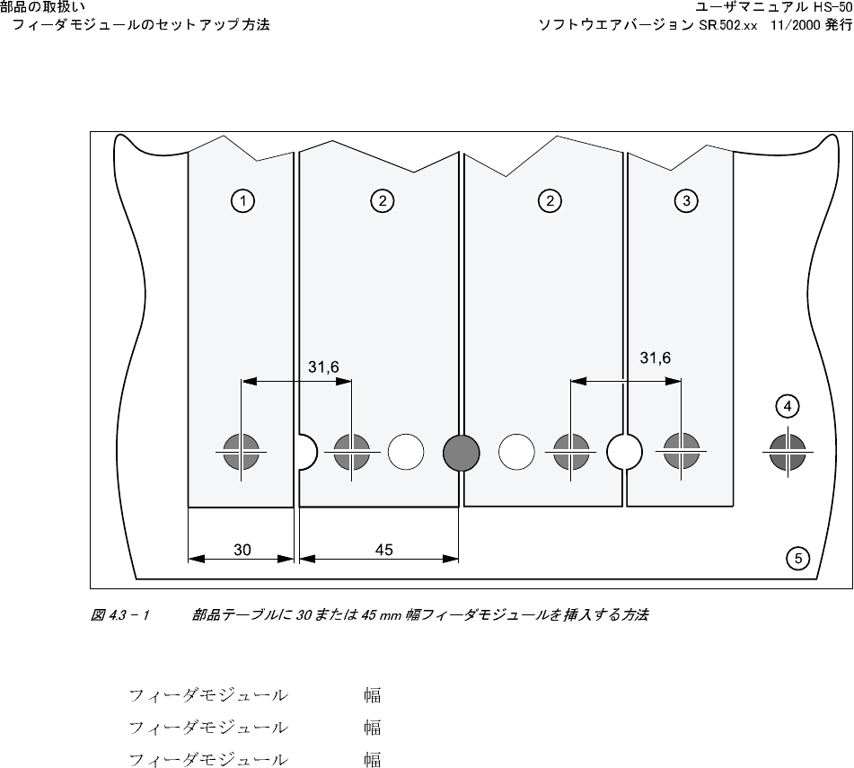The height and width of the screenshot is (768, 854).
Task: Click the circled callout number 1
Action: point(242,201)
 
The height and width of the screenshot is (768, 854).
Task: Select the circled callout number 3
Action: point(687,201)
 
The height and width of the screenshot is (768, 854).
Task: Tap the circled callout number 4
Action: point(788,407)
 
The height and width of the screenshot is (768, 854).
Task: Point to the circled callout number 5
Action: point(797,558)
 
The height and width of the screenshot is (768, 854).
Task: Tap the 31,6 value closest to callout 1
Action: point(323,366)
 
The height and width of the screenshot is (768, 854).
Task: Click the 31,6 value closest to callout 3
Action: point(655,358)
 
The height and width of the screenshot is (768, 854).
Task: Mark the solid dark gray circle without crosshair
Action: point(461,452)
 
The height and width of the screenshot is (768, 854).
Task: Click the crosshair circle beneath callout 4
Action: point(788,451)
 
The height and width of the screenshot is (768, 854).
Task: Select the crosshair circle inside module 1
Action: point(242,451)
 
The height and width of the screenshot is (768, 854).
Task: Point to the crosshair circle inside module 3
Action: point(681,451)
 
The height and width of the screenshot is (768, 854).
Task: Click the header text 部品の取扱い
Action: point(43,8)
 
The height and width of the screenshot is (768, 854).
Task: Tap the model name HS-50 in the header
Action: point(832,8)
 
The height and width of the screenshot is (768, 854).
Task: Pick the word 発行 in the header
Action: point(838,25)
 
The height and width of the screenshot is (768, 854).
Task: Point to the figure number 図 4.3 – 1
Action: point(119,615)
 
